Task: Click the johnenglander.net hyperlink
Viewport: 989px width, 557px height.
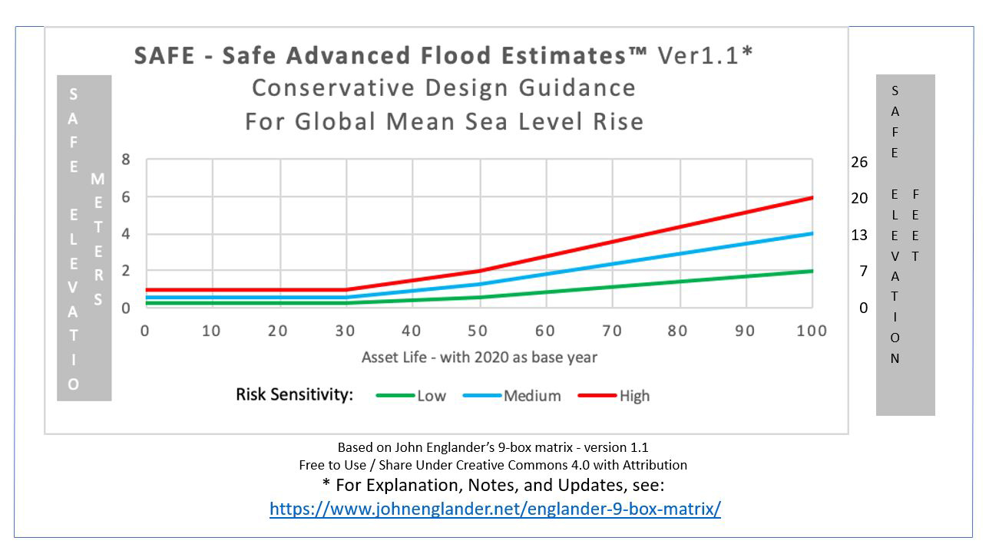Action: [x=495, y=509]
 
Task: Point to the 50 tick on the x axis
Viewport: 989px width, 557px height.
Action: [x=479, y=331]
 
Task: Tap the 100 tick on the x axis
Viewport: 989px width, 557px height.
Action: [x=812, y=331]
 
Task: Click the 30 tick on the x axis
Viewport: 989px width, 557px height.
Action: [x=346, y=331]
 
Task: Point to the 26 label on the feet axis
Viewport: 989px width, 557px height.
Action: [x=859, y=162]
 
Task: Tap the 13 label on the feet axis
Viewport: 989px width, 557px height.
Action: [x=859, y=235]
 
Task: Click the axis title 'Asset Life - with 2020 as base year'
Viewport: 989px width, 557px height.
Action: [x=479, y=358]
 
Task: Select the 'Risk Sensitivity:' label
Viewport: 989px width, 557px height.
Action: [x=294, y=394]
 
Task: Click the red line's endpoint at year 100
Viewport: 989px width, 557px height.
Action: [x=812, y=197]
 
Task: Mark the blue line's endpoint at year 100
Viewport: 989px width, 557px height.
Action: [x=812, y=233]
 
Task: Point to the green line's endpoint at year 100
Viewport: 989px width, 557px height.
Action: [x=812, y=271]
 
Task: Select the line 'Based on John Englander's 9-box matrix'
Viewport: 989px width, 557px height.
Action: [x=493, y=447]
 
